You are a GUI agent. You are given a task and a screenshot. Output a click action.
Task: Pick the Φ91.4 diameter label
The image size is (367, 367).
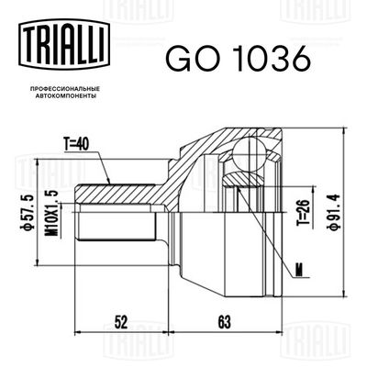pos(338,206)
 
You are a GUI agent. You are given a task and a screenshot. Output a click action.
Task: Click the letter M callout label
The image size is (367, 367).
pos(299,267)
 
